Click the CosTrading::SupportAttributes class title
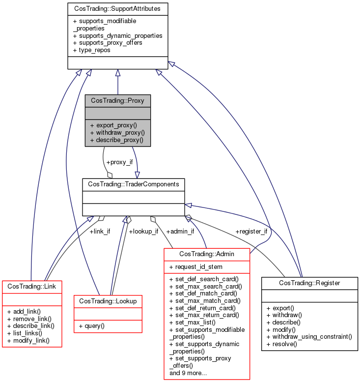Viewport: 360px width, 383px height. [x=117, y=8]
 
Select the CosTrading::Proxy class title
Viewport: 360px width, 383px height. [x=118, y=100]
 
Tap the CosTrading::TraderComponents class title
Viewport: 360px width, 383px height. [x=133, y=184]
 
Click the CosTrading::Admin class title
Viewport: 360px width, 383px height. [x=207, y=254]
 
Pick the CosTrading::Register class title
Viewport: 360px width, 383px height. [x=309, y=283]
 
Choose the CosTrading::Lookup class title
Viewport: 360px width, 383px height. [x=108, y=300]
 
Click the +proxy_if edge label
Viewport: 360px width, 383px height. [x=119, y=162]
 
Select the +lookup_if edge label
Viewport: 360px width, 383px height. [x=143, y=231]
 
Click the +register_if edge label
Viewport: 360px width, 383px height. [x=251, y=231]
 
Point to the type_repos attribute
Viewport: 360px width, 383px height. [x=92, y=50]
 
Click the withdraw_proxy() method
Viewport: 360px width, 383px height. [x=117, y=133]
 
